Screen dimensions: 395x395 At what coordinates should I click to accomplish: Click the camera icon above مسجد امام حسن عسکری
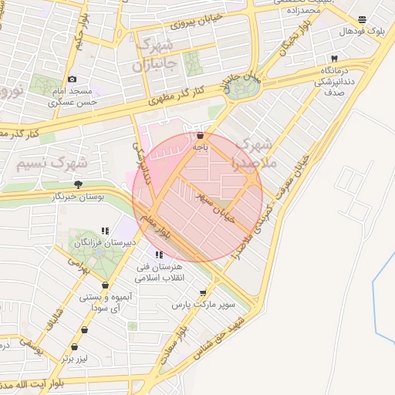click(73, 79)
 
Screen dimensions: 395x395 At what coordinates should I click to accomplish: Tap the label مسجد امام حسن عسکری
click(73, 96)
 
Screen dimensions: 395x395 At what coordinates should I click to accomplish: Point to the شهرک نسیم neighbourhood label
click(49, 164)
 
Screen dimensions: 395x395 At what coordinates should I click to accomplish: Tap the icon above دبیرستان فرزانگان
click(105, 231)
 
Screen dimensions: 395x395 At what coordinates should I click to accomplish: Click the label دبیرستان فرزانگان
click(105, 243)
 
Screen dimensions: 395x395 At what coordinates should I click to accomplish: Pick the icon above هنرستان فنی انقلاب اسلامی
click(159, 255)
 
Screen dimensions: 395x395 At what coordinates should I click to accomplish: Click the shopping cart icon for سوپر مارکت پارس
click(203, 293)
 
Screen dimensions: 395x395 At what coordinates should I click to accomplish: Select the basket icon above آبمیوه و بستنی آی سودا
click(85, 284)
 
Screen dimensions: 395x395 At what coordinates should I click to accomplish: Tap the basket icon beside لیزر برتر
click(75, 347)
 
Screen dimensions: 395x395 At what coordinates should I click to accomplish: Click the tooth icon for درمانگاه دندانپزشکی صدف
click(334, 59)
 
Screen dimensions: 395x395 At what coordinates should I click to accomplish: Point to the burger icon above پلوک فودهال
click(363, 20)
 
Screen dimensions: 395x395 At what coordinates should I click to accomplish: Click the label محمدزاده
click(300, 12)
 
